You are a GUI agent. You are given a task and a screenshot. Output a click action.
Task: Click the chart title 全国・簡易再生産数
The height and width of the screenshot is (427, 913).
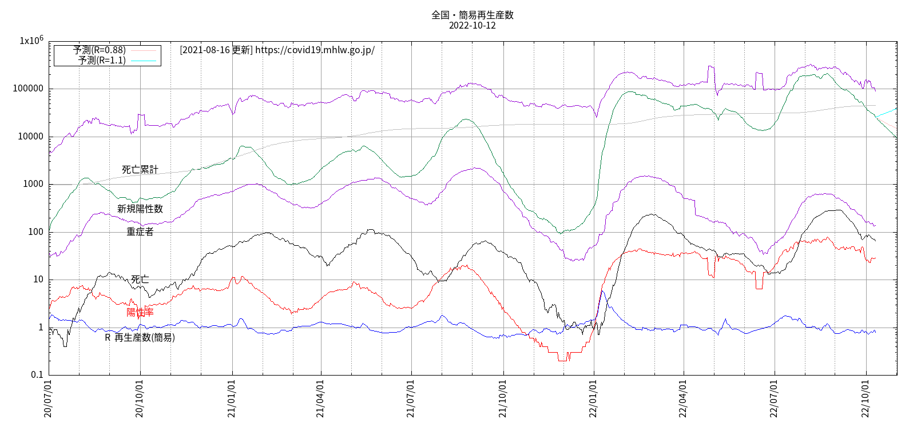(x=472, y=15)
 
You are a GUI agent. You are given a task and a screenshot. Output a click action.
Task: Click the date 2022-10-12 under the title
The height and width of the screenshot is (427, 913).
(x=472, y=25)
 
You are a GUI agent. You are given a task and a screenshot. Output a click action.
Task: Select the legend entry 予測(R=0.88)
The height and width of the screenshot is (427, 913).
(x=100, y=50)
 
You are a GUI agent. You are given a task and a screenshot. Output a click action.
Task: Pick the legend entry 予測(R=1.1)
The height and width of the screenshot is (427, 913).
(x=102, y=60)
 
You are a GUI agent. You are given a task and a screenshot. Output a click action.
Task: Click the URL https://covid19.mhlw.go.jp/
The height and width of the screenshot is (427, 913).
(x=315, y=50)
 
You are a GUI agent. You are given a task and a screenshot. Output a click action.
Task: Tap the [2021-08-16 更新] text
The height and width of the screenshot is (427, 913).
(x=216, y=50)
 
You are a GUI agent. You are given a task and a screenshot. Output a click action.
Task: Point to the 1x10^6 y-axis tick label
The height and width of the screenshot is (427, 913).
(x=31, y=41)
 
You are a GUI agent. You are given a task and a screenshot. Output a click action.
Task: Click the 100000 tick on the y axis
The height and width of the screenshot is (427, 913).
(x=28, y=89)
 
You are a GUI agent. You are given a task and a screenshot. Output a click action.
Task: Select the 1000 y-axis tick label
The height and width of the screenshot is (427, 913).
(x=33, y=184)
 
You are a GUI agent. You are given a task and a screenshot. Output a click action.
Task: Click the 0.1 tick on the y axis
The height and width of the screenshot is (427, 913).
(x=37, y=375)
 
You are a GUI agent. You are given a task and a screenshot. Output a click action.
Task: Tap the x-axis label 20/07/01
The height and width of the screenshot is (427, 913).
(x=48, y=398)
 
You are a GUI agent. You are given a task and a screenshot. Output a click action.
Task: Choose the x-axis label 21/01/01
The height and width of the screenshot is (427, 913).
(x=232, y=398)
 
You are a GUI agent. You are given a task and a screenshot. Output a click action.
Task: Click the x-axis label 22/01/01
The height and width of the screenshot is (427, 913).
(x=593, y=398)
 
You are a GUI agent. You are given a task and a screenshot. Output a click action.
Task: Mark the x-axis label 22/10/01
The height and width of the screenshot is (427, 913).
(x=866, y=398)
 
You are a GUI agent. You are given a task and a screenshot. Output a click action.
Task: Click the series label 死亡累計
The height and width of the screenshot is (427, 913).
(x=140, y=170)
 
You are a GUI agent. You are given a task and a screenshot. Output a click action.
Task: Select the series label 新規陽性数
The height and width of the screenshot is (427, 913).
(x=140, y=209)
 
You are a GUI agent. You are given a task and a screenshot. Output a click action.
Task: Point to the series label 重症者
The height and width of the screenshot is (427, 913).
(x=140, y=232)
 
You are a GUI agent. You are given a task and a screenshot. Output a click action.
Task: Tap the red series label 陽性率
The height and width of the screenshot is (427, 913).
(x=140, y=312)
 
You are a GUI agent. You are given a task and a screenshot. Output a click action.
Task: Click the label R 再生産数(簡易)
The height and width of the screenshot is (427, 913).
(x=140, y=338)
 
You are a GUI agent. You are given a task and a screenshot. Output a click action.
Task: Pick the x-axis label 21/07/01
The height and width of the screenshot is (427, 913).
(x=411, y=398)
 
